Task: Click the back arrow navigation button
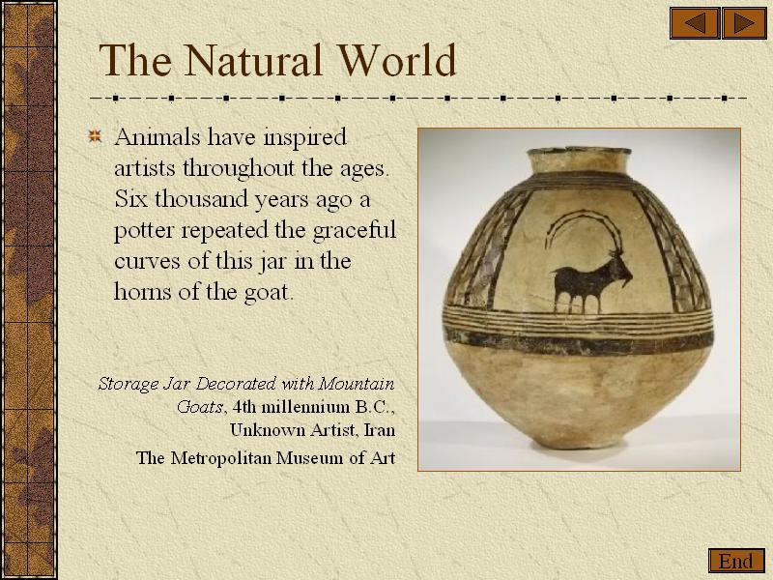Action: point(695,23)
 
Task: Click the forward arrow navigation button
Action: point(744,23)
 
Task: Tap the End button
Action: point(736,562)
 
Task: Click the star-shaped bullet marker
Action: point(95,135)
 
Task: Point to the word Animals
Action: point(157,136)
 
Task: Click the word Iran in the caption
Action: point(379,430)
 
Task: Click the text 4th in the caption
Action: point(243,407)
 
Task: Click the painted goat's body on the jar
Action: point(579,281)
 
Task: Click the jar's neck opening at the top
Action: point(579,151)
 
